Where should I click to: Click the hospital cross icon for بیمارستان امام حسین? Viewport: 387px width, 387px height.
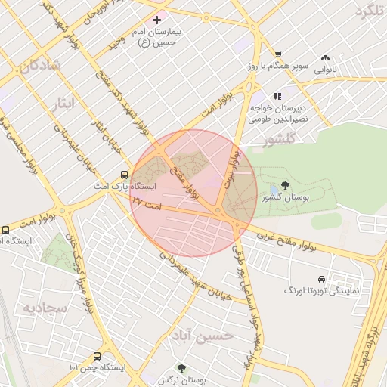156,19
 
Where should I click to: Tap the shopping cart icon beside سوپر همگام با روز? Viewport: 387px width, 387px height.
278,54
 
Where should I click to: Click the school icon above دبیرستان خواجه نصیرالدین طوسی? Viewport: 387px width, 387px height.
277,96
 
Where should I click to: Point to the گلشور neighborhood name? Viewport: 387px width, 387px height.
274,141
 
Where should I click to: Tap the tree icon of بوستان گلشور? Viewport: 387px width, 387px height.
285,185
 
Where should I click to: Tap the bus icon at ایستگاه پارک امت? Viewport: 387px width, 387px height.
124,175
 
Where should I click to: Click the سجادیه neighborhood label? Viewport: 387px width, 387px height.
45,308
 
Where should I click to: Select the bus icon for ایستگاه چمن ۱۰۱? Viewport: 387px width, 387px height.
97,356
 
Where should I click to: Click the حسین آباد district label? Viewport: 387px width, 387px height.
202,337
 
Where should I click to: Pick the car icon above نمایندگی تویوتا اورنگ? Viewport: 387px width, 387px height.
322,278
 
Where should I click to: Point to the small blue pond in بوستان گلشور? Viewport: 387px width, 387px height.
273,188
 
